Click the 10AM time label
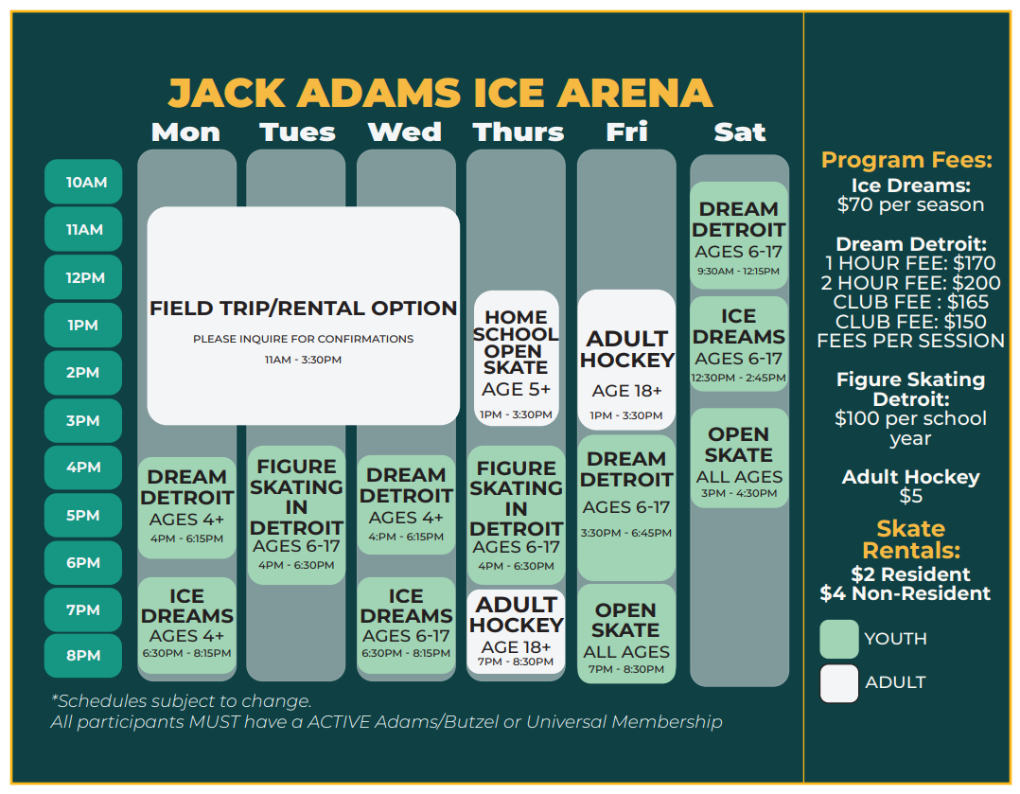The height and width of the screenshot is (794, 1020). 84,182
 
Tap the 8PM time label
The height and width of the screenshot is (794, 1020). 84,656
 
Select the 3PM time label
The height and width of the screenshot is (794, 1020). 84,420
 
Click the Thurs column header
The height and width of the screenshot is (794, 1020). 518,132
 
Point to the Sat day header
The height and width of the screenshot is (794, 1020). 739,132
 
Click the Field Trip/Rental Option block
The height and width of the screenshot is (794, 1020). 303,316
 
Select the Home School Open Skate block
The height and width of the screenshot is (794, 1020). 516,358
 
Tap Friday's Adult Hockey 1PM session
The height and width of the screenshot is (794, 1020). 626,361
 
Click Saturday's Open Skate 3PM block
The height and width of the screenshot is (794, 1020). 739,458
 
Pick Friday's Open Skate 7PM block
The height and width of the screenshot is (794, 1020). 626,633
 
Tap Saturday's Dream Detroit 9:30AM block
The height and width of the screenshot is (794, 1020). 739,235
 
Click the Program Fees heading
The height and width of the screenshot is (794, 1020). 906,159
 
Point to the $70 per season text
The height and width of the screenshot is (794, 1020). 910,204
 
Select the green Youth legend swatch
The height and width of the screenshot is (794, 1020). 838,639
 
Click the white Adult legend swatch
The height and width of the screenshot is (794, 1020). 838,682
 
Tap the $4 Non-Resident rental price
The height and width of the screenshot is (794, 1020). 905,593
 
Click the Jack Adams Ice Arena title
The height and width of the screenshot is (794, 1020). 440,93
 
